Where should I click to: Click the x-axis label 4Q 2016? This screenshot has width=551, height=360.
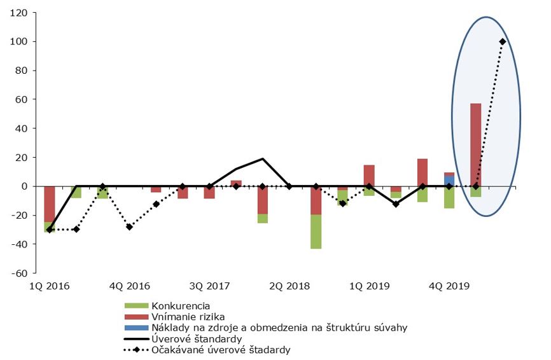pos(130,286)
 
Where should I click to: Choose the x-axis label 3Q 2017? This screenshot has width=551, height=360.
pos(210,286)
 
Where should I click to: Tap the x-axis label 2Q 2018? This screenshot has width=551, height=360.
pos(289,286)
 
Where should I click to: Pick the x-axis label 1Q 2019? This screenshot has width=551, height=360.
pos(369,286)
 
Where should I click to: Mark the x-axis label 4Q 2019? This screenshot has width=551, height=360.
pos(449,286)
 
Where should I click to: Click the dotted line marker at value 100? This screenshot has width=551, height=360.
pos(503,42)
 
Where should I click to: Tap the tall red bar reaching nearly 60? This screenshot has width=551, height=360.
pos(475,145)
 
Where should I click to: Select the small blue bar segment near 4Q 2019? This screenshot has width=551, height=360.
pos(449,181)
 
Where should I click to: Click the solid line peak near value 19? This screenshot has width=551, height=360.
pos(263,159)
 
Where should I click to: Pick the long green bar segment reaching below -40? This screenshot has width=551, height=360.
pos(316,232)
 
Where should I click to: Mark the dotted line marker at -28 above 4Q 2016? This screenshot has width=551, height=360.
pos(129,226)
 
